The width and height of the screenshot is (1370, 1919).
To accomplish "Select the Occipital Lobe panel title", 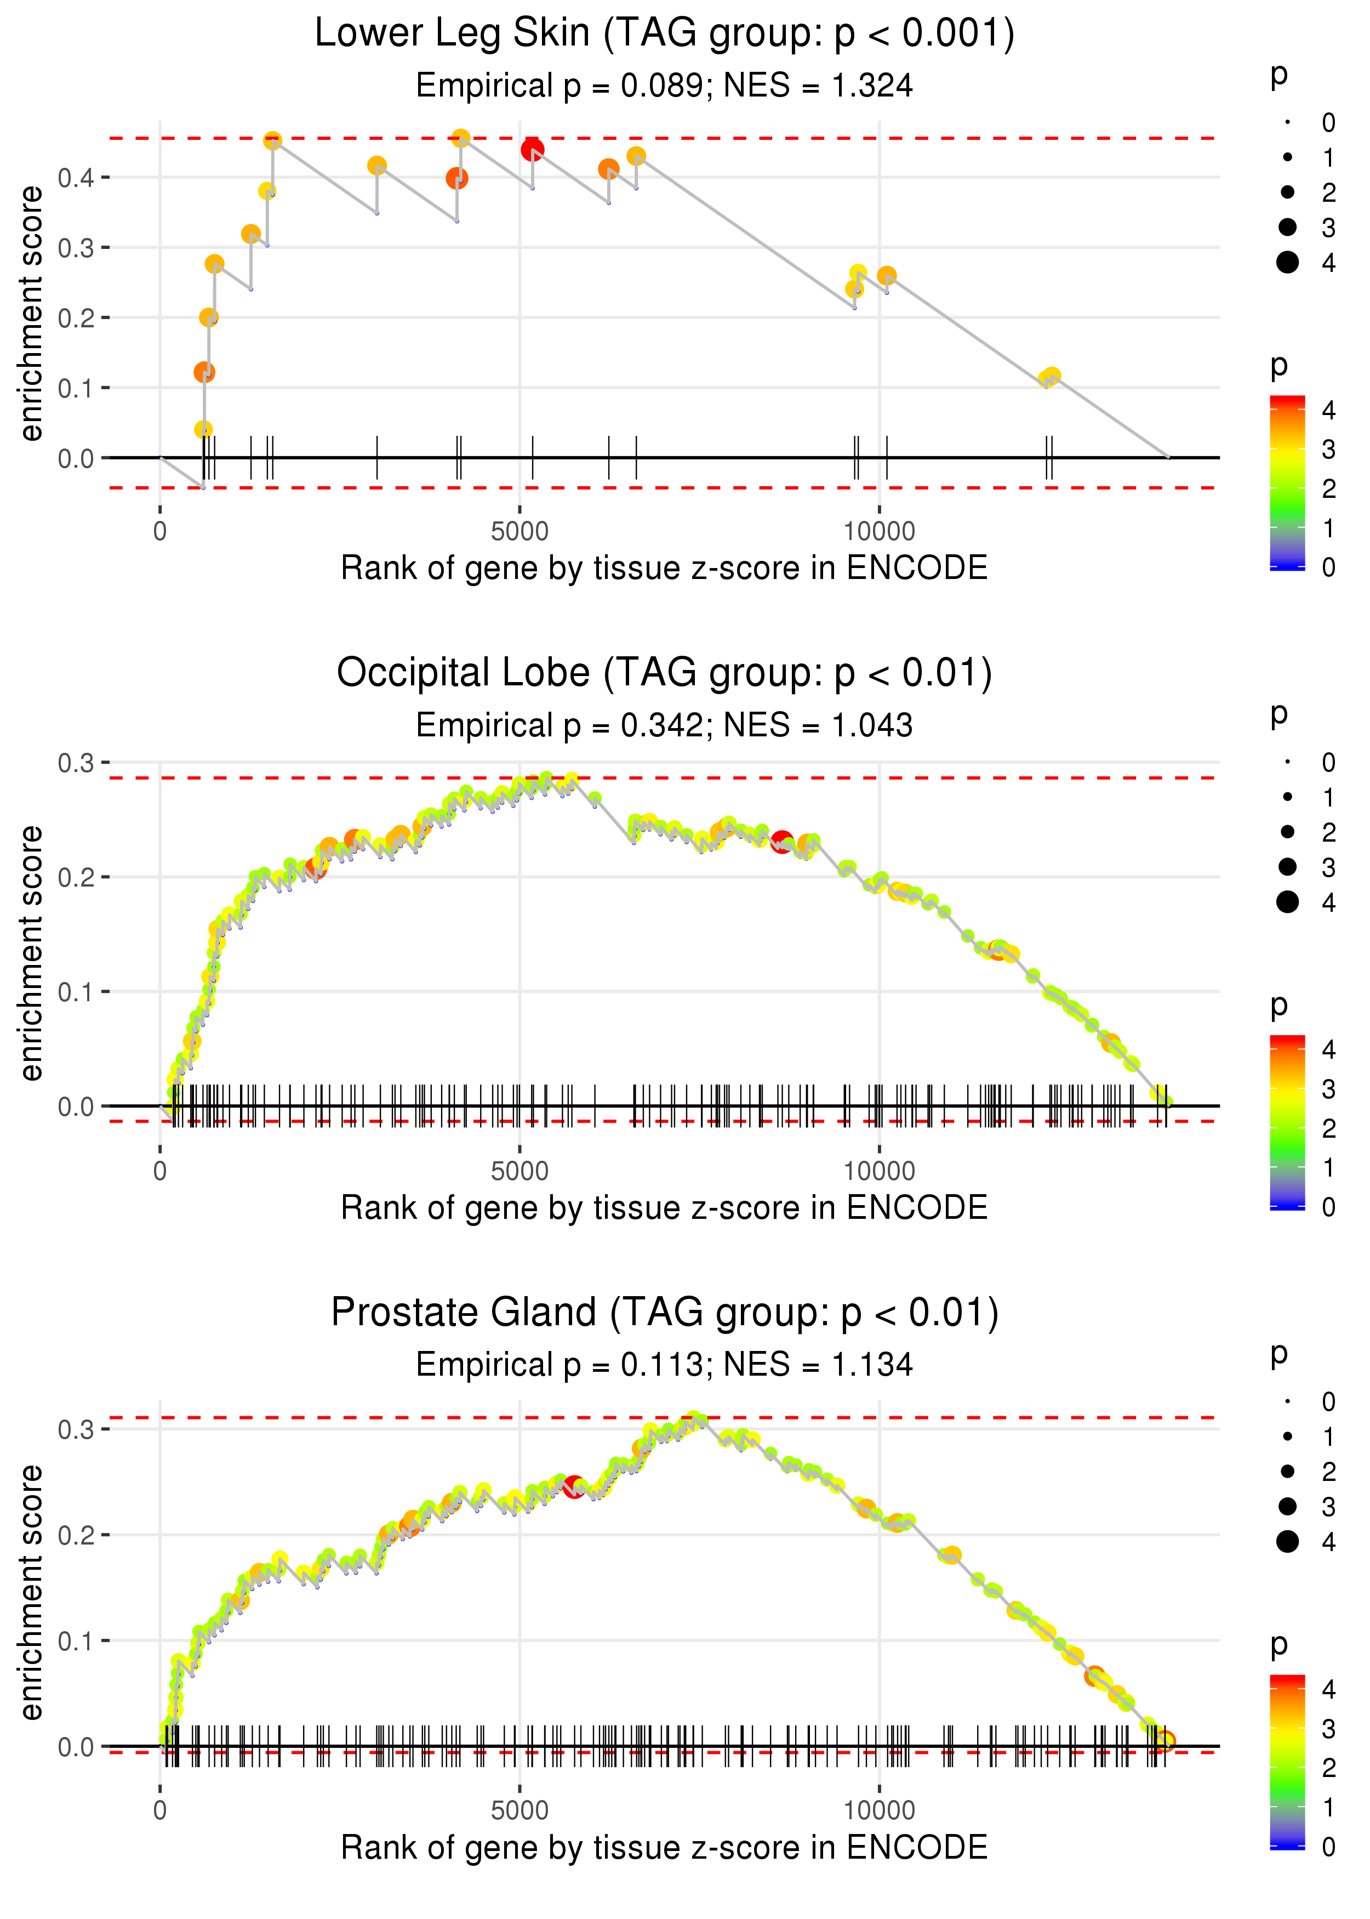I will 664,673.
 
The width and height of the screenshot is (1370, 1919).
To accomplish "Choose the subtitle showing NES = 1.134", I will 664,1365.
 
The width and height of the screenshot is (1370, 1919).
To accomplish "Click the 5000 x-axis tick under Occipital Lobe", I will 520,1171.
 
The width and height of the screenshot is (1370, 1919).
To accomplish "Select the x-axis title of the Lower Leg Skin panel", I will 664,569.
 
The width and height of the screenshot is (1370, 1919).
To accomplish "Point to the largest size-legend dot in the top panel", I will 1287,263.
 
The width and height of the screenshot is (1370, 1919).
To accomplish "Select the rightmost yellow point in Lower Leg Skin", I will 1051,376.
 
